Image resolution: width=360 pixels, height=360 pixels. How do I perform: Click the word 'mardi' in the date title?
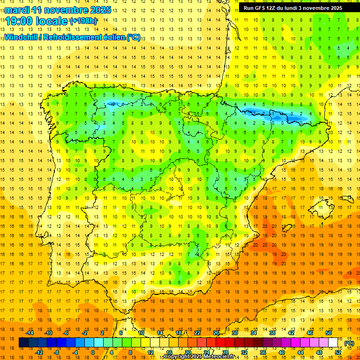pyautogui.click(x=17, y=9)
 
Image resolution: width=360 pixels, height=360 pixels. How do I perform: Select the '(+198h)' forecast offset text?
pyautogui.click(x=83, y=21)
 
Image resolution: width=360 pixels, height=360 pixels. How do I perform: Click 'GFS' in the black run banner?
pyautogui.click(x=262, y=8)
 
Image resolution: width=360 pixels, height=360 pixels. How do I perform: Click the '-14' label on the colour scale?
pyautogui.click(x=30, y=333)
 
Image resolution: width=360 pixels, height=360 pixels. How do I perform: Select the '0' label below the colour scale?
pyautogui.click(x=93, y=352)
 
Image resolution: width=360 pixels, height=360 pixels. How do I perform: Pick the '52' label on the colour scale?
pyautogui.click(x=338, y=352)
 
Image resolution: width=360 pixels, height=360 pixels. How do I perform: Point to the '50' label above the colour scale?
pyautogui.click(x=328, y=333)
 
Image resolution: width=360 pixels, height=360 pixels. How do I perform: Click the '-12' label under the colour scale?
pyautogui.click(x=39, y=352)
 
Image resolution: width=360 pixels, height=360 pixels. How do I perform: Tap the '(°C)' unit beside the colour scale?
pyautogui.click(x=349, y=343)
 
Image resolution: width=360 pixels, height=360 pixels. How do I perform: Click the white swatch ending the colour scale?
pyautogui.click(x=333, y=343)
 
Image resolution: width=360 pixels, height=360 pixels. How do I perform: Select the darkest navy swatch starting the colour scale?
pyautogui.click(x=23, y=343)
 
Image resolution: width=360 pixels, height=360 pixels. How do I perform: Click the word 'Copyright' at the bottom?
pyautogui.click(x=178, y=357)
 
